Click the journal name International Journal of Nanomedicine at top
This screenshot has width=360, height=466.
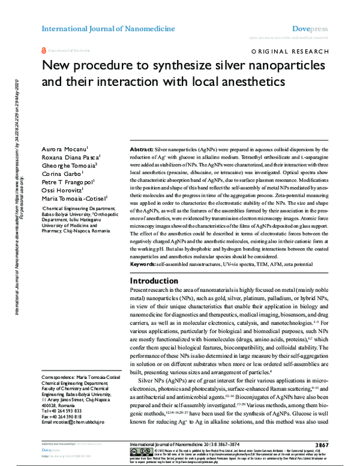(x=108, y=28)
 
